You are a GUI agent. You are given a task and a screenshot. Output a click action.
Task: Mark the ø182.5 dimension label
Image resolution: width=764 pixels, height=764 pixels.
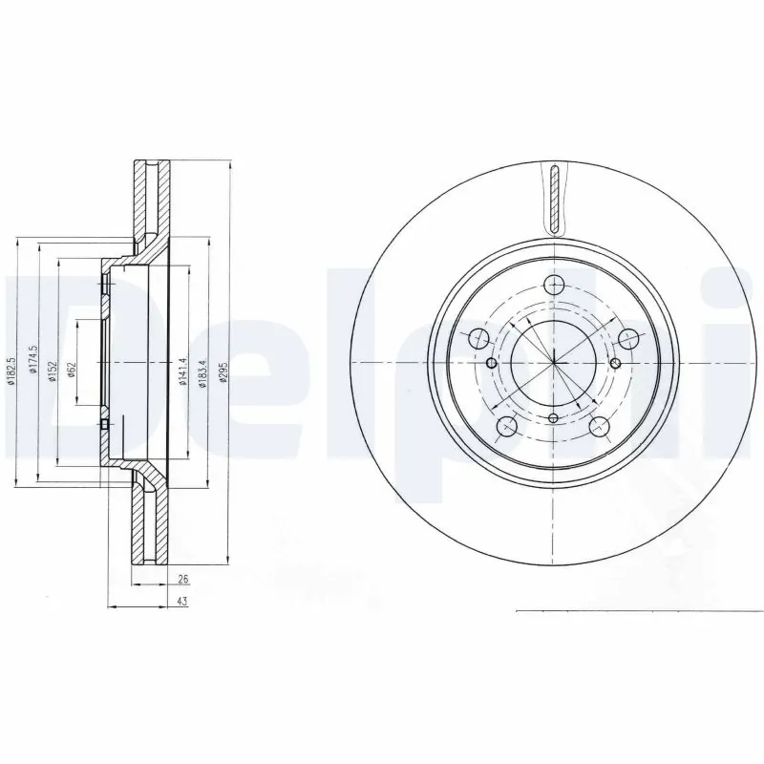12,371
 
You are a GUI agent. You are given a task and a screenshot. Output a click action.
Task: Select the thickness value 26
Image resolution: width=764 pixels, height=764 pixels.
181,579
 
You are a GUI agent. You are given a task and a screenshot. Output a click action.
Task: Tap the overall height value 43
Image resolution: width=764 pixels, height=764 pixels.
181,602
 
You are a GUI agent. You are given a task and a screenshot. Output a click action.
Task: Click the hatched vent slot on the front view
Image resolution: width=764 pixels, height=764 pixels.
555,198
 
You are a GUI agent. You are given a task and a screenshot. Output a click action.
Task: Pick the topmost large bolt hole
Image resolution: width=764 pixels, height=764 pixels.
554,284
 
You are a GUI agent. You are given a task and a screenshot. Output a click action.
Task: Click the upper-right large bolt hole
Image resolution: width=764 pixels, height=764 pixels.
627,337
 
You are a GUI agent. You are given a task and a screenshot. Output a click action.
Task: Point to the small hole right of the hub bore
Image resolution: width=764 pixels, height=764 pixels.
616,363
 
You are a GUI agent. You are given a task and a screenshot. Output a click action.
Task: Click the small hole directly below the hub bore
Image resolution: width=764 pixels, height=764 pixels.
554,417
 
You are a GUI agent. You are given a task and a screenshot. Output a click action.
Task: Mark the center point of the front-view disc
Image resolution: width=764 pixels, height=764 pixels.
554,363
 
